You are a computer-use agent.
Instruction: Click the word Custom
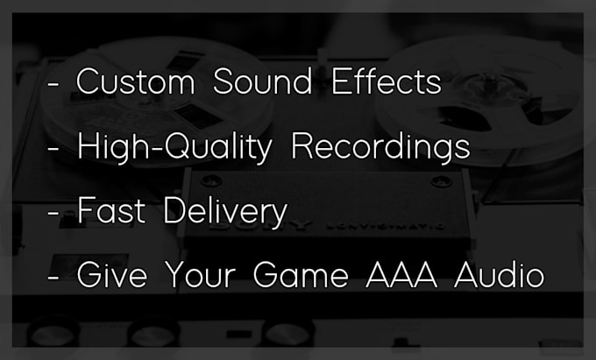tap(136, 81)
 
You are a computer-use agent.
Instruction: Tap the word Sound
tap(262, 81)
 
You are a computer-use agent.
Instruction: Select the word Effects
tap(387, 81)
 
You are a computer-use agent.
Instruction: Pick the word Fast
tap(111, 210)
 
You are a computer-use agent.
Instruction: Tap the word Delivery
tap(225, 212)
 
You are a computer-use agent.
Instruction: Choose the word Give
tap(112, 274)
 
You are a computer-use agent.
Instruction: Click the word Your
tap(201, 274)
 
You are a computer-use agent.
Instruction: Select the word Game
tap(301, 274)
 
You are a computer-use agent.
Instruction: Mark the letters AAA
tap(401, 274)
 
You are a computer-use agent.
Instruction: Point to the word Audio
tap(499, 274)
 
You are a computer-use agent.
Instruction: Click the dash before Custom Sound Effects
tap(53, 86)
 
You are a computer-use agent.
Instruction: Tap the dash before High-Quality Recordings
tap(53, 149)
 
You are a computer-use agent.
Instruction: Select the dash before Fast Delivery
tap(53, 213)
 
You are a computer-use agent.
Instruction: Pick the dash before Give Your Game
tap(53, 277)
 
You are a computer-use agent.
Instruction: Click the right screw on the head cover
tap(441, 181)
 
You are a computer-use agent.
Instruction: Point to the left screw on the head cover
tap(211, 180)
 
